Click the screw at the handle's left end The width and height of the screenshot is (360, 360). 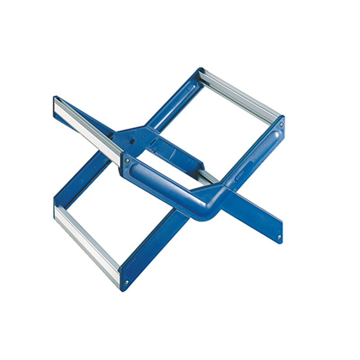point(127,160)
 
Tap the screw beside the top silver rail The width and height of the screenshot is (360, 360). point(281,123)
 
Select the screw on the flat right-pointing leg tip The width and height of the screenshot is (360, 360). point(279,237)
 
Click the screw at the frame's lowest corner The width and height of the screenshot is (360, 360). point(126,283)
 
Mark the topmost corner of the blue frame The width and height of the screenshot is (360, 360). point(201,71)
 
